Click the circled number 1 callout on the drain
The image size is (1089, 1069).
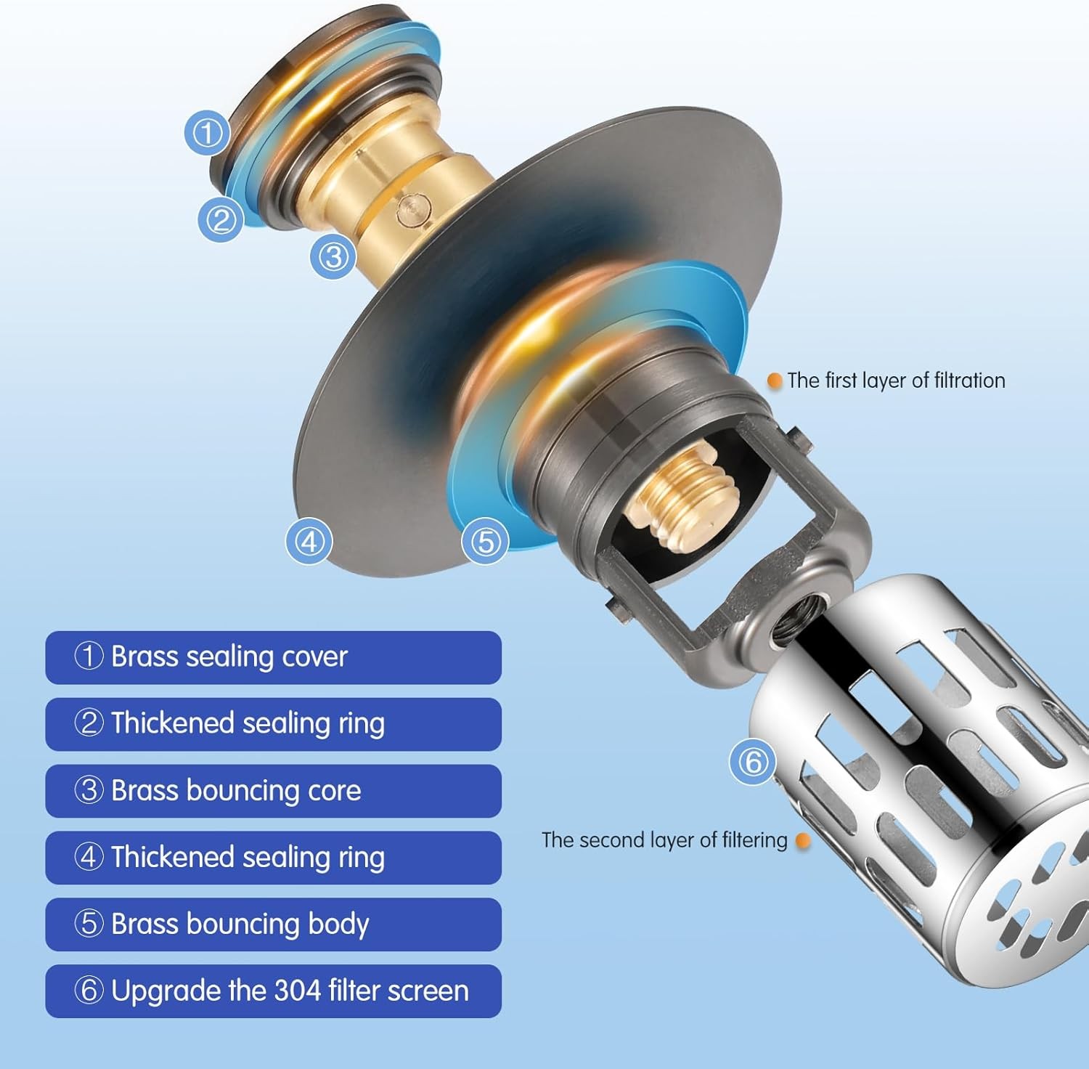[x=207, y=133]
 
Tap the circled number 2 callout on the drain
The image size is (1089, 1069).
[x=221, y=219]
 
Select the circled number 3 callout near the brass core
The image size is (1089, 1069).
[x=333, y=256]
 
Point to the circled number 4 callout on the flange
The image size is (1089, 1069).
[x=309, y=541]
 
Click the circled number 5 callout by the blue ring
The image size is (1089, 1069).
[x=486, y=541]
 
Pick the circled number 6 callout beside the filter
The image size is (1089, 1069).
[x=753, y=762]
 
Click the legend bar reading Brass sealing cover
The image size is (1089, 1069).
[x=273, y=657]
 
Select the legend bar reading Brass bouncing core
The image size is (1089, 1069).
[x=273, y=791]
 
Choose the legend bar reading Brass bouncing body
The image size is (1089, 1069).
[x=273, y=924]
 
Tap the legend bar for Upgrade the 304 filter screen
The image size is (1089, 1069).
[x=273, y=991]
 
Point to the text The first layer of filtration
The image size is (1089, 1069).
[x=896, y=381]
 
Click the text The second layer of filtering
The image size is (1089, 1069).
[x=664, y=840]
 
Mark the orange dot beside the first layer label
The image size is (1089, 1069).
[x=775, y=381]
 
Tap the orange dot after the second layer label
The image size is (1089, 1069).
[x=803, y=841]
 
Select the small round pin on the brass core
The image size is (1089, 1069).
[x=410, y=211]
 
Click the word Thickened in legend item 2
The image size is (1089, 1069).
[x=173, y=723]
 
